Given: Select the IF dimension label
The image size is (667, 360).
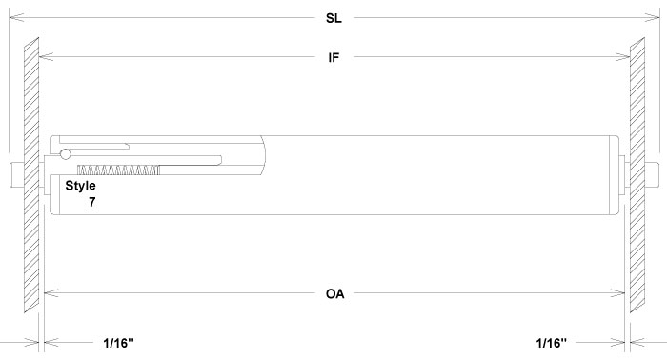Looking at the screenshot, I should click(x=333, y=57).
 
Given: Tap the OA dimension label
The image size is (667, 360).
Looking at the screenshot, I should click(x=333, y=293).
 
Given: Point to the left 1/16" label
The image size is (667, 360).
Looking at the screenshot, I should click(x=124, y=341).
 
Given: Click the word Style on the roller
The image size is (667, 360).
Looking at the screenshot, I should click(x=80, y=186).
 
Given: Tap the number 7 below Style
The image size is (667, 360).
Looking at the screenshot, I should click(x=91, y=202).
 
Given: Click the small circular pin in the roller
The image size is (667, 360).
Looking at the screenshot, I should click(x=65, y=154).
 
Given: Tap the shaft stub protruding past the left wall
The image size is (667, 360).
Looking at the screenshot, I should click(x=13, y=173).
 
